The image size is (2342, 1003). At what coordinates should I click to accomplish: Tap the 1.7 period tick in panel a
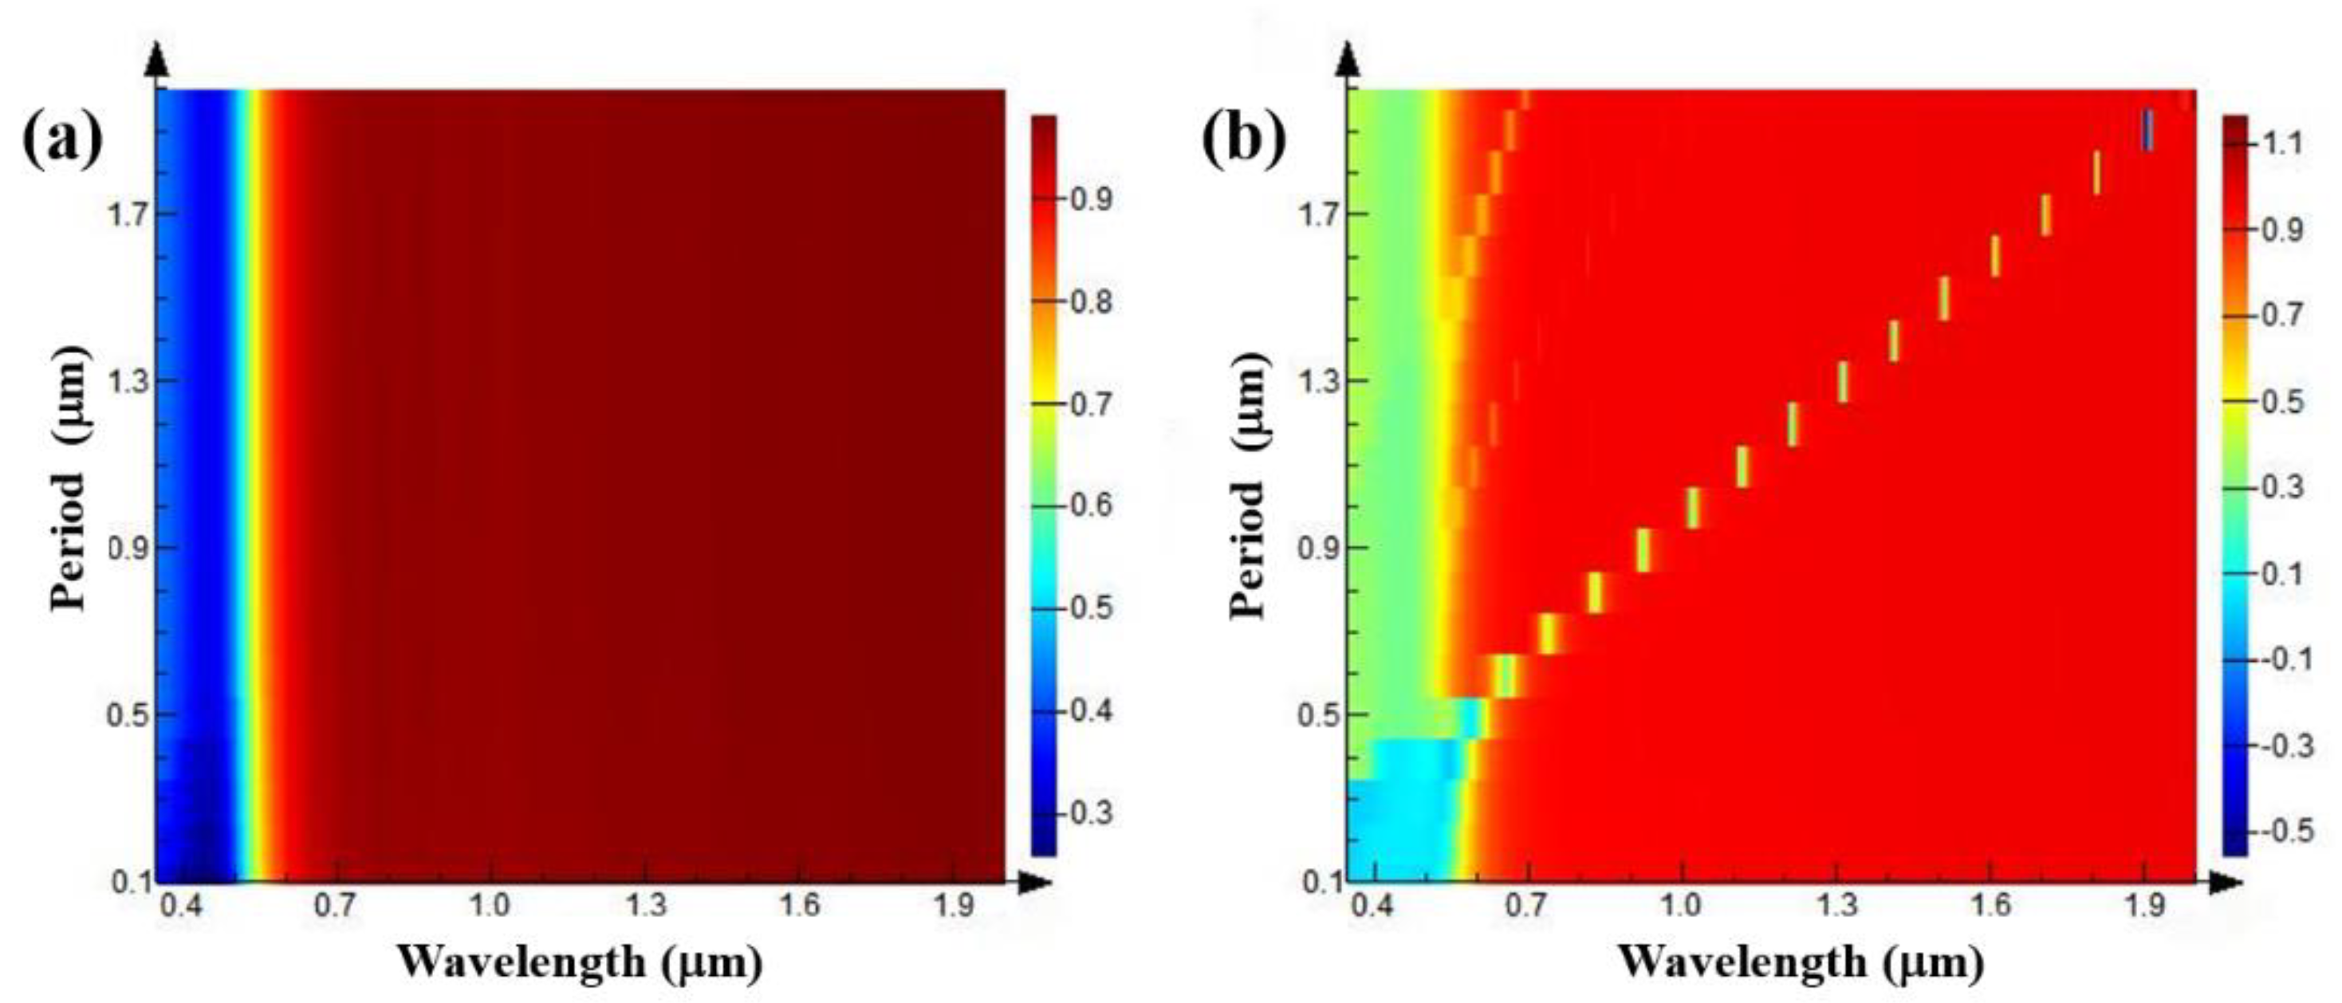point(129,214)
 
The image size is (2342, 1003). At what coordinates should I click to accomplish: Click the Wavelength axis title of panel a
point(579,962)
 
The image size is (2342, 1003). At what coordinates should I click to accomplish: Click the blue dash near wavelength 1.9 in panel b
point(2147,129)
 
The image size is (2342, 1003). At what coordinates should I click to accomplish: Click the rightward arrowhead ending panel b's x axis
point(2227,881)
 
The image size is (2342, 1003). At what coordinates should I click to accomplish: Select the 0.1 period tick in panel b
point(1317,881)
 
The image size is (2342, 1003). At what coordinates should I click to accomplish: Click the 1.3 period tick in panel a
point(129,381)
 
